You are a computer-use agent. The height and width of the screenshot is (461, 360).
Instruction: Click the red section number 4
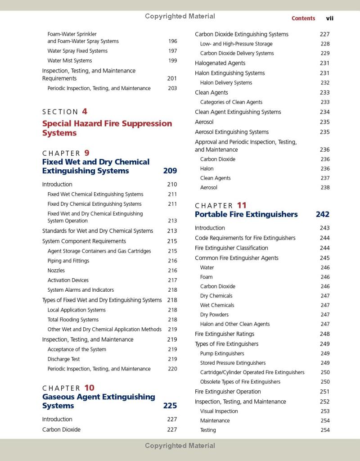[x=85, y=112]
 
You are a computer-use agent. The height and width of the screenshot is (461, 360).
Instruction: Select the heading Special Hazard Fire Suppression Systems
[x=107, y=128]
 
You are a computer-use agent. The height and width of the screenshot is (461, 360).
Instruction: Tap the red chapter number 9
[x=87, y=153]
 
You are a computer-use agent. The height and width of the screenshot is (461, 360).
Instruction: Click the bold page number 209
[x=170, y=171]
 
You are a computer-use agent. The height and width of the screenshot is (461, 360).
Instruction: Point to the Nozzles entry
[x=56, y=271]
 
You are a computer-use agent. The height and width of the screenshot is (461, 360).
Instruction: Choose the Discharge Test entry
[x=63, y=359]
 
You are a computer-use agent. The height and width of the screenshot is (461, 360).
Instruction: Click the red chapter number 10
[x=89, y=388]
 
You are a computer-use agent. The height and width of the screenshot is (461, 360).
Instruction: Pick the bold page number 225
[x=170, y=406]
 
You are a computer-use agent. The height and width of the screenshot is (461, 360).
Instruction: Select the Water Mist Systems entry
[x=70, y=61]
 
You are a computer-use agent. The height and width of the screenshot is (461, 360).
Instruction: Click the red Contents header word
[x=303, y=18]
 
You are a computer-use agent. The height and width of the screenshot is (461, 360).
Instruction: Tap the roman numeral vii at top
[x=329, y=18]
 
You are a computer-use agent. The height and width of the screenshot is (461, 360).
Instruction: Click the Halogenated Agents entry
[x=220, y=63]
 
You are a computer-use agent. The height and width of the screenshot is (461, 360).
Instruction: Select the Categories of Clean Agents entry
[x=231, y=102]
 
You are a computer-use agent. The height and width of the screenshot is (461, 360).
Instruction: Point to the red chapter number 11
[x=242, y=206]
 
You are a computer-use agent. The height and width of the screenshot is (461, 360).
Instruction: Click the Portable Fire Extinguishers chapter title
[x=246, y=214]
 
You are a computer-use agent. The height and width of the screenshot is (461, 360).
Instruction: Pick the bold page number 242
[x=323, y=214]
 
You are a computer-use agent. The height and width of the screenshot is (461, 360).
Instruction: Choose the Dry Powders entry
[x=214, y=315]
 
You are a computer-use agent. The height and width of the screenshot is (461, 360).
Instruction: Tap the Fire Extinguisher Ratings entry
[x=225, y=334]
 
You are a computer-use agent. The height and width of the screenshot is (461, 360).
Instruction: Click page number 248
[x=324, y=334]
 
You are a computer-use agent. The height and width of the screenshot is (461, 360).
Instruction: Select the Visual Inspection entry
[x=219, y=411]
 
